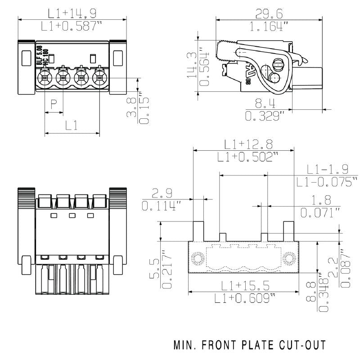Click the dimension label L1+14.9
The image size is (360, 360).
pos(72,13)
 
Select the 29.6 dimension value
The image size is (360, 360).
pos(269,13)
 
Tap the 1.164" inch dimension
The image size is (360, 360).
pos(269,27)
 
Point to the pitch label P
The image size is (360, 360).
pos(54,105)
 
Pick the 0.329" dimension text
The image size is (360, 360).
pos(265,117)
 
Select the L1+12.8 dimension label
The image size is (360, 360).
pos(248,144)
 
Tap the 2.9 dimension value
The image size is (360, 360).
pos(162,194)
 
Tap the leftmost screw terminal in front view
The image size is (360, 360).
pos(44,78)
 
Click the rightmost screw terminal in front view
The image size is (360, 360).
pos(99,78)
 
